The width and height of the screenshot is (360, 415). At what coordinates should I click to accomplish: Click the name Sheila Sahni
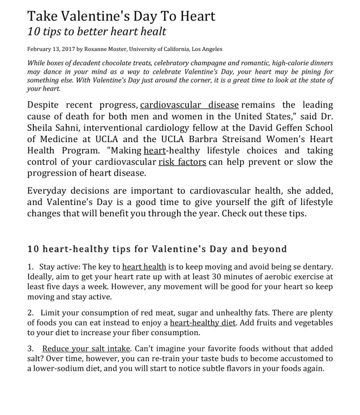[52, 129]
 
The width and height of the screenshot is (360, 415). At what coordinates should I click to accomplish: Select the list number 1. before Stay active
[31, 266]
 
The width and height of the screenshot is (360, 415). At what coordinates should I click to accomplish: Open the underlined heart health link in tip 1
[144, 266]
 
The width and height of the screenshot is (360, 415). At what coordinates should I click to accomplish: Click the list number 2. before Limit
[31, 313]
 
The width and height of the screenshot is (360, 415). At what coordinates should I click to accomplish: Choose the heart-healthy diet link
[203, 323]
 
